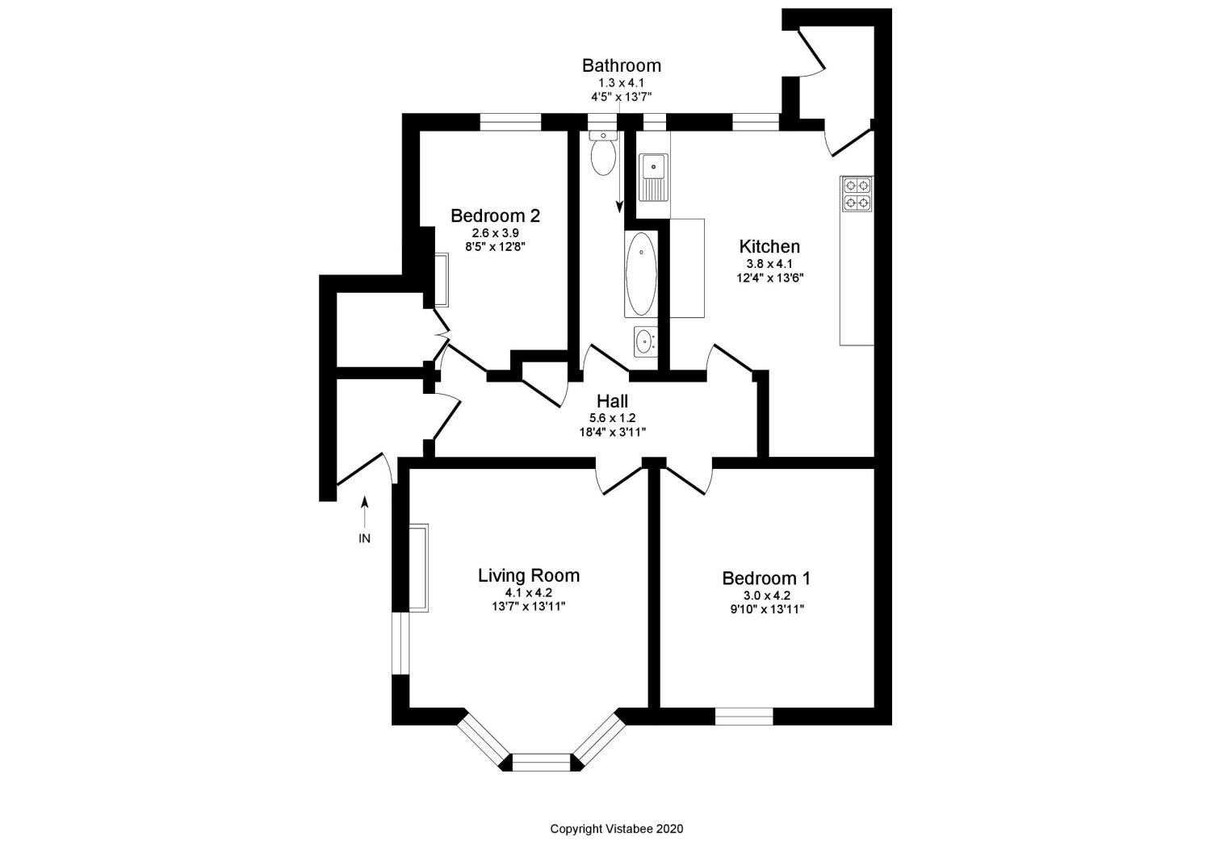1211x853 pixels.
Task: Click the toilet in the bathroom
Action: click(603, 155)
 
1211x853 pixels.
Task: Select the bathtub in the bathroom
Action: click(641, 274)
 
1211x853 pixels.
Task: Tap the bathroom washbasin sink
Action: click(645, 341)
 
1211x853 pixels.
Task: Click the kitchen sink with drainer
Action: click(653, 177)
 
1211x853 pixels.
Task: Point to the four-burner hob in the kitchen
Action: click(857, 194)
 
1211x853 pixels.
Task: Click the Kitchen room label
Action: click(769, 247)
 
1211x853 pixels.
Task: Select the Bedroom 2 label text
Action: click(495, 216)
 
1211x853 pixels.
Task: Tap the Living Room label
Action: click(528, 575)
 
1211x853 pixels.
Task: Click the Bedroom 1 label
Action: click(765, 579)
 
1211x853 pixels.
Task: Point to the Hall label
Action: click(612, 401)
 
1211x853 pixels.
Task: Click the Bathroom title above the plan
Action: click(621, 65)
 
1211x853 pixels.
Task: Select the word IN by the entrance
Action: click(364, 538)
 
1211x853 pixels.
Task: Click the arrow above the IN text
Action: click(365, 511)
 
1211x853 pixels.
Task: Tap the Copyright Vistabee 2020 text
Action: click(616, 829)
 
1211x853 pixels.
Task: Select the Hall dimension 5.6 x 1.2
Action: click(612, 418)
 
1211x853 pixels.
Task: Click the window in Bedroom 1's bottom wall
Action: click(744, 716)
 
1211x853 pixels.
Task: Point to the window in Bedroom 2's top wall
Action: click(510, 122)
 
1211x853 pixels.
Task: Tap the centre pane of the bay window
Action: click(542, 762)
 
